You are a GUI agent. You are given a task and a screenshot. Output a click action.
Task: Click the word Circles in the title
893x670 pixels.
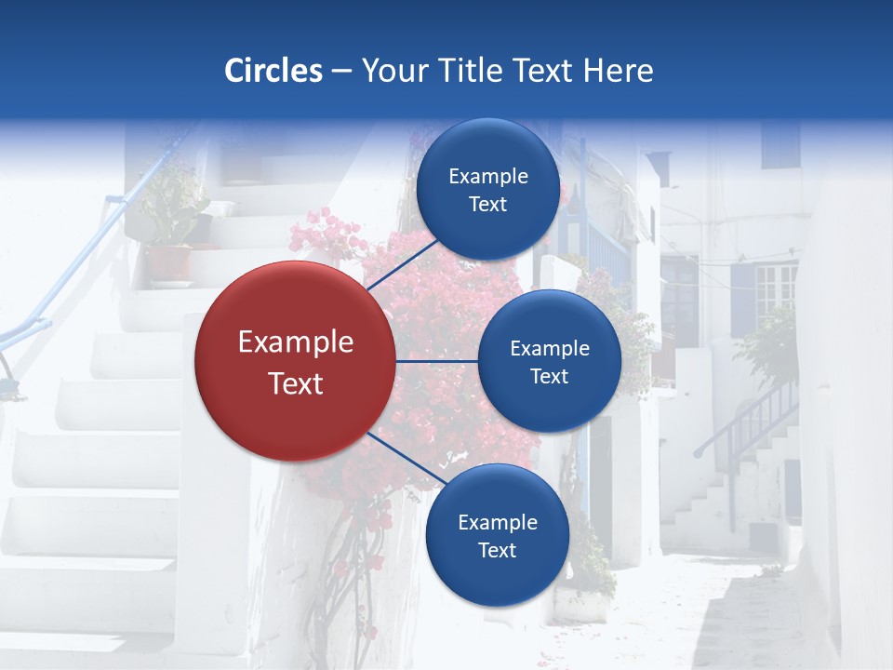[273, 70]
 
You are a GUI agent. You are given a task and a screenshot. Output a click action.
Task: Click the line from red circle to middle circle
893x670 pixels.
[437, 361]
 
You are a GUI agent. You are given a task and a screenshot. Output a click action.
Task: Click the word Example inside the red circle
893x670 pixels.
[296, 342]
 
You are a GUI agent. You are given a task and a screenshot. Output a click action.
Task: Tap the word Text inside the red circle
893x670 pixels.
[296, 383]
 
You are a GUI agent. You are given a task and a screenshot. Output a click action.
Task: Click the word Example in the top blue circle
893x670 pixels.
[487, 177]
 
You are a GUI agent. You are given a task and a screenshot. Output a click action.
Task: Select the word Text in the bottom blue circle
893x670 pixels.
[497, 551]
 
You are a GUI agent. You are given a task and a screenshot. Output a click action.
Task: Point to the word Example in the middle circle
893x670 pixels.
[549, 349]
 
